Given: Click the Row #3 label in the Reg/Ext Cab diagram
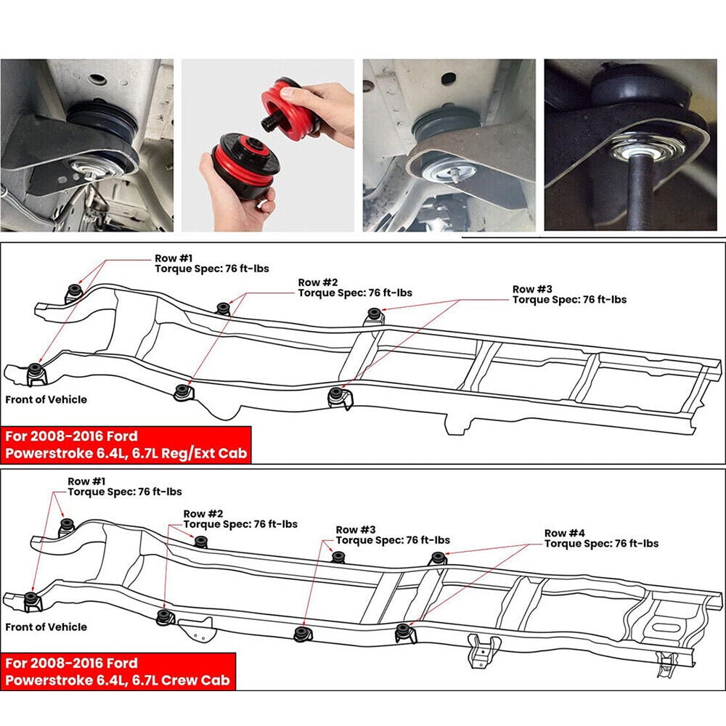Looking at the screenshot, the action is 532,290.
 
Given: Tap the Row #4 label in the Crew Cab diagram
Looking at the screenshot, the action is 564,533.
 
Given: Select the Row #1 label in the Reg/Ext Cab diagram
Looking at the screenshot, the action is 174,258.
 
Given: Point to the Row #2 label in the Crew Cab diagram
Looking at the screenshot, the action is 203,513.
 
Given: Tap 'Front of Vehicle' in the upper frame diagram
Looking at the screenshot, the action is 46,399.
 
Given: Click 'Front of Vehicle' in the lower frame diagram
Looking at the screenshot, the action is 46,627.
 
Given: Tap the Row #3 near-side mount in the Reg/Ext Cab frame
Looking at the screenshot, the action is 338,398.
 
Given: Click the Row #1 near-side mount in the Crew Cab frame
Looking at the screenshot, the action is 32,601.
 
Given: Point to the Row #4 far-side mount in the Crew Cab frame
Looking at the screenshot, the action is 438,558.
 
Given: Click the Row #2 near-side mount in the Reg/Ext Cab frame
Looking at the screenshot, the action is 184,393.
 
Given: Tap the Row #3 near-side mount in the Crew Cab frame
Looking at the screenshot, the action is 303,633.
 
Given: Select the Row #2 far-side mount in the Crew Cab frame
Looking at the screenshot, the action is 201,542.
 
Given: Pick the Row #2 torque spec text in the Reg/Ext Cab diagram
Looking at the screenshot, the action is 355,293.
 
